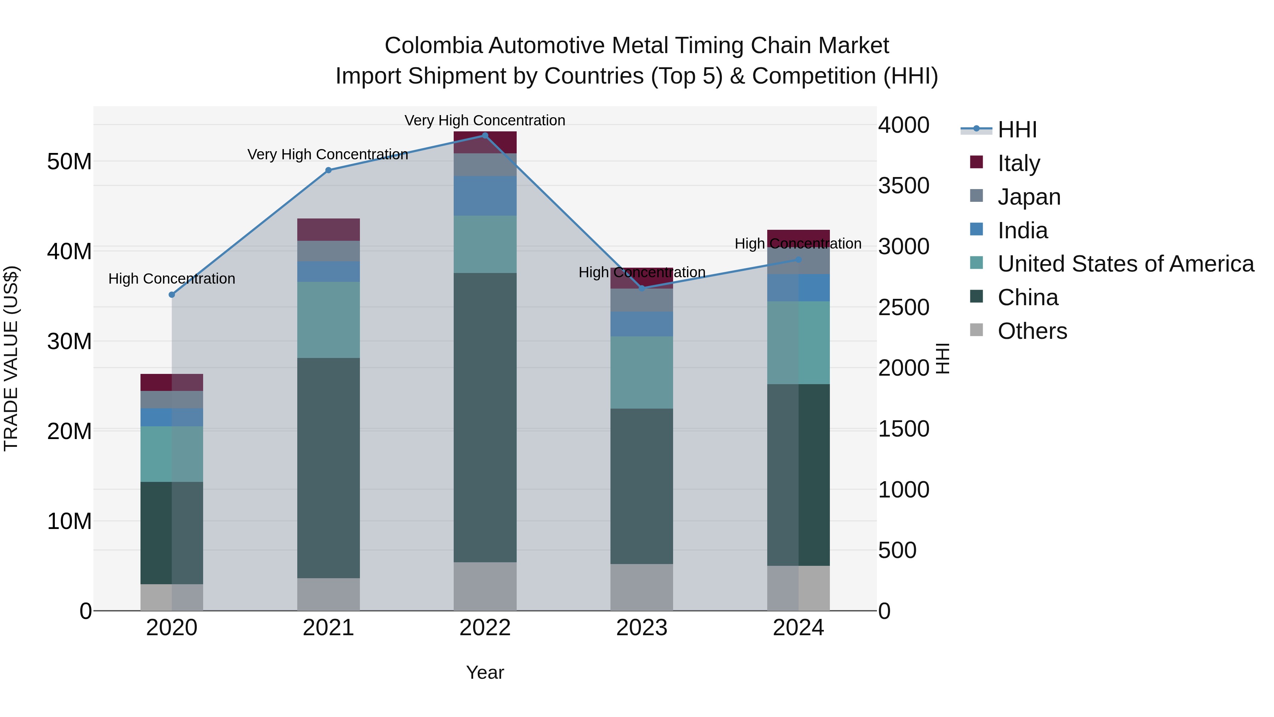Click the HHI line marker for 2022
pyautogui.click(x=485, y=136)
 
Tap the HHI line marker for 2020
pyautogui.click(x=172, y=295)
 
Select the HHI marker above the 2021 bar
pyautogui.click(x=328, y=170)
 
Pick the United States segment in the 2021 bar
pyautogui.click(x=328, y=320)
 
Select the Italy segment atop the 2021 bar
pyautogui.click(x=328, y=229)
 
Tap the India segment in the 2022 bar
pyautogui.click(x=485, y=196)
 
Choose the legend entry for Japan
pyautogui.click(x=1029, y=197)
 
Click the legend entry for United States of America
pyautogui.click(x=1125, y=264)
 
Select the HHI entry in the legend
pyautogui.click(x=1016, y=130)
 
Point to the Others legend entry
pyautogui.click(x=1032, y=331)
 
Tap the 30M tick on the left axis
pyautogui.click(x=69, y=341)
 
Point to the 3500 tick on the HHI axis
pyautogui.click(x=903, y=186)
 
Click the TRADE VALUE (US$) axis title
pyautogui.click(x=11, y=358)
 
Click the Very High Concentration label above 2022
pyautogui.click(x=485, y=120)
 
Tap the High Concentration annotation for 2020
pyautogui.click(x=172, y=279)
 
